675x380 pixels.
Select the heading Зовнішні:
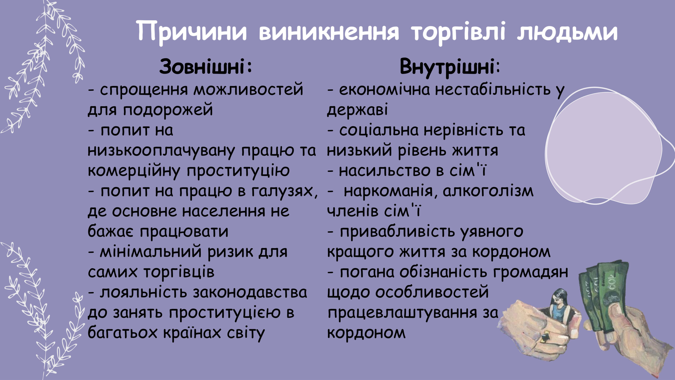pyautogui.click(x=206, y=66)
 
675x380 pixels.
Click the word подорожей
pyautogui.click(x=168, y=110)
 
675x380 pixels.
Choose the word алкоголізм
pyautogui.click(x=488, y=192)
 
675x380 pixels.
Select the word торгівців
pyautogui.click(x=179, y=273)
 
